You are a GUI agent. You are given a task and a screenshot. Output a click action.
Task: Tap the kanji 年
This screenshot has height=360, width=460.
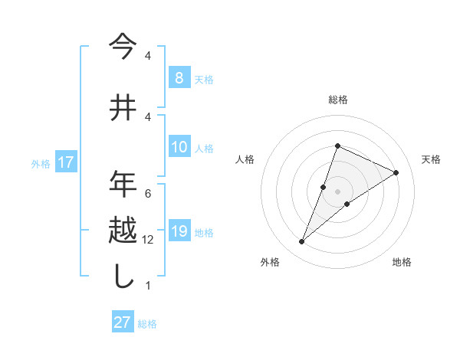[123, 184]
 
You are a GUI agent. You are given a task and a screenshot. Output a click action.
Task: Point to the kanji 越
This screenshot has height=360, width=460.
[123, 231]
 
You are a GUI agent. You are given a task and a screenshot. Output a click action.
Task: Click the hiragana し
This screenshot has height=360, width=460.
[123, 277]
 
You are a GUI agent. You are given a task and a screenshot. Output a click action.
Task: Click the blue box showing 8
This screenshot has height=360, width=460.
[179, 78]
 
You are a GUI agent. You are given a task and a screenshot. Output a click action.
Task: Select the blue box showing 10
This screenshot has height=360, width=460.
[179, 147]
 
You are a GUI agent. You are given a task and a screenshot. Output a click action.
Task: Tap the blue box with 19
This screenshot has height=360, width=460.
[179, 231]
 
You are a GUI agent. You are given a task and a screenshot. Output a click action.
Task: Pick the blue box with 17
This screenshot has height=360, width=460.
[65, 162]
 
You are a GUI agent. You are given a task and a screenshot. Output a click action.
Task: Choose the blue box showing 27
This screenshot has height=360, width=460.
[123, 322]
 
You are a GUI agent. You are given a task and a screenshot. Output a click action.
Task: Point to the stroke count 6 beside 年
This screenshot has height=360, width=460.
[147, 193]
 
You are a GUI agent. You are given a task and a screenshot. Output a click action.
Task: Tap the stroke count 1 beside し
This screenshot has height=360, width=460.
[147, 286]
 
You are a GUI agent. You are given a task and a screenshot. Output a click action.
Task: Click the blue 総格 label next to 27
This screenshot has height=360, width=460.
[147, 324]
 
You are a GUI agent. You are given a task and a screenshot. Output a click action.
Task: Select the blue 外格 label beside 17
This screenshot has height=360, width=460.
[40, 163]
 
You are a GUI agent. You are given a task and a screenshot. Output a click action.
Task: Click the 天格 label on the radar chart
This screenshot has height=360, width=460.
[431, 159]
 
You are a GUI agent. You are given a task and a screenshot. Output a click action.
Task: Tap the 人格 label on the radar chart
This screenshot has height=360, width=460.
[245, 159]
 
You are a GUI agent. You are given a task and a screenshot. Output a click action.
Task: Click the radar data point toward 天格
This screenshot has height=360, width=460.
[396, 172]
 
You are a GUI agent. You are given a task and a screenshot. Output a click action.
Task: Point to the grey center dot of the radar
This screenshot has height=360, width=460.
[337, 191]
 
